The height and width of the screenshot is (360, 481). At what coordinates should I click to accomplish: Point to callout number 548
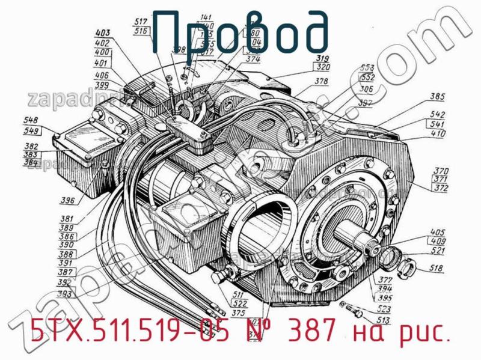[31, 120]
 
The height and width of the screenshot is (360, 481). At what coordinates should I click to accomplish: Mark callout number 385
[437, 96]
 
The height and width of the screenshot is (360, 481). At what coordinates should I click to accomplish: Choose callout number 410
[438, 133]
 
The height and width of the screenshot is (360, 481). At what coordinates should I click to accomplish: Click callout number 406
[102, 75]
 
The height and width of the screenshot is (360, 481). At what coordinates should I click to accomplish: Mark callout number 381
[67, 219]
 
